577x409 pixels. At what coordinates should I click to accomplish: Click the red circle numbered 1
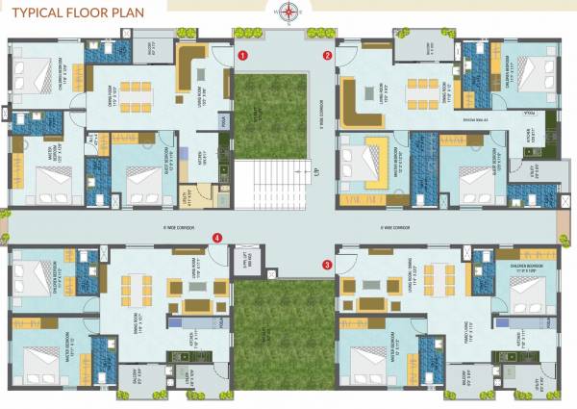pyautogui.click(x=244, y=56)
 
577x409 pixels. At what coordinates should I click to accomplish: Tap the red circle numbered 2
pyautogui.click(x=327, y=56)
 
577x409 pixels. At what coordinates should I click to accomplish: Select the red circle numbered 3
pyautogui.click(x=327, y=264)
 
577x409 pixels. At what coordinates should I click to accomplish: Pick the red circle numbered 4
pyautogui.click(x=218, y=238)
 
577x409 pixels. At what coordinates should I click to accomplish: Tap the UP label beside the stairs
pyautogui.click(x=315, y=173)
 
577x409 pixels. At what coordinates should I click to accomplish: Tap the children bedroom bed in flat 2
pyautogui.click(x=534, y=72)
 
